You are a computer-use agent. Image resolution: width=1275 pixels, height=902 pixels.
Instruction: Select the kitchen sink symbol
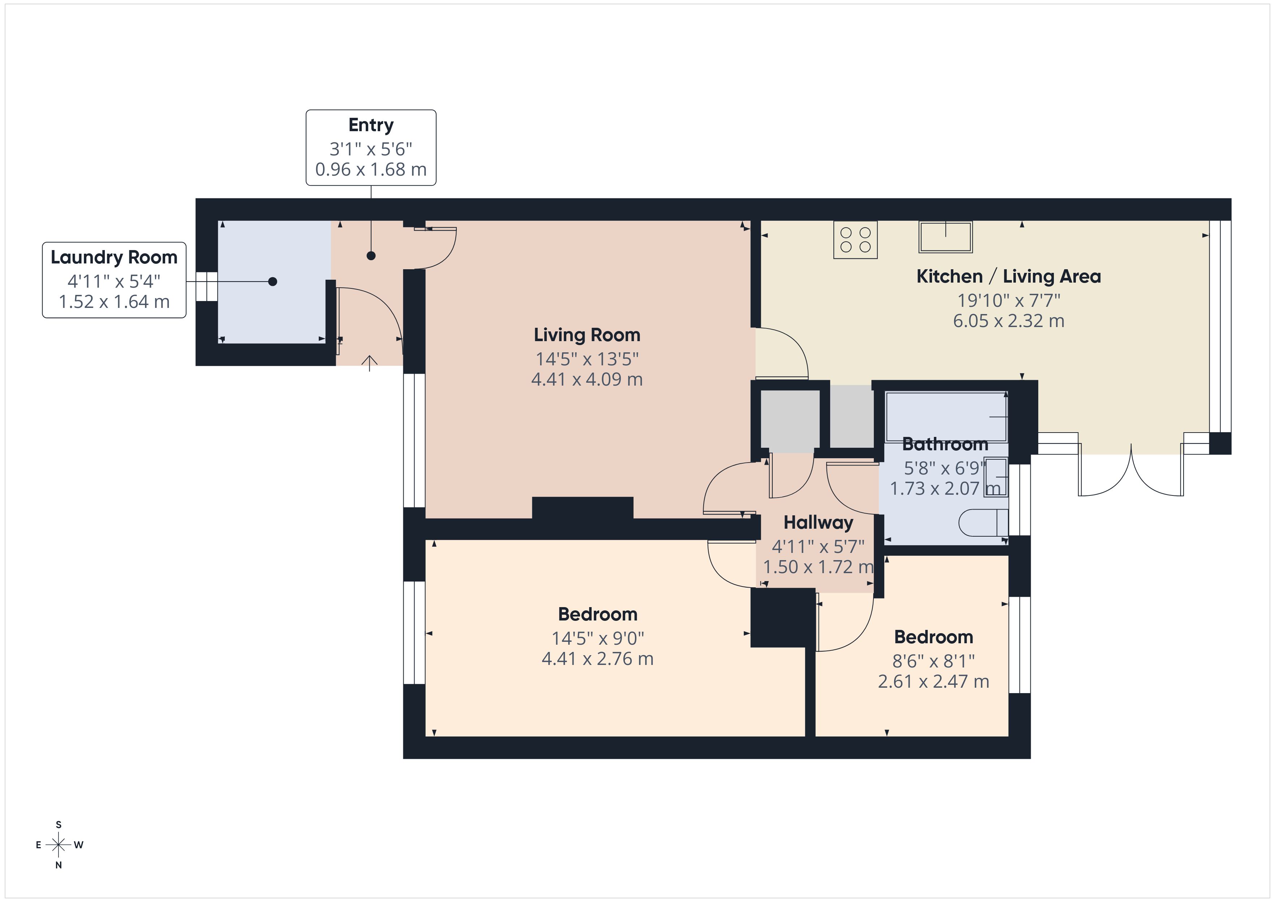[945, 237]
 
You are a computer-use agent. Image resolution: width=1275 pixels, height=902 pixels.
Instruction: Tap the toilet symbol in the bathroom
[983, 522]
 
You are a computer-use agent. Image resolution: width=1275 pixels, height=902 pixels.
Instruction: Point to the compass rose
[58, 845]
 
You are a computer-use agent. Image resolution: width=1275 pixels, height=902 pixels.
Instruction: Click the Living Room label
[587, 335]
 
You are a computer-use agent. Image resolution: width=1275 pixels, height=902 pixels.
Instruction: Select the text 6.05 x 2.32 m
[1008, 321]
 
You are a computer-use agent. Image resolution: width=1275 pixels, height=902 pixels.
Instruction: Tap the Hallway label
[818, 523]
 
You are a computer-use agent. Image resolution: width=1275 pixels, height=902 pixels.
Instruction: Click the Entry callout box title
[371, 125]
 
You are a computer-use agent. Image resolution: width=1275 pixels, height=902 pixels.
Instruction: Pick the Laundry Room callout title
[114, 257]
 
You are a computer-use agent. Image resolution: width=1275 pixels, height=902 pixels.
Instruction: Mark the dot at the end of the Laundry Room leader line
[272, 282]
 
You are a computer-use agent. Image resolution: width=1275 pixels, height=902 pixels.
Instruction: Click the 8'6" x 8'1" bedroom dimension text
[933, 661]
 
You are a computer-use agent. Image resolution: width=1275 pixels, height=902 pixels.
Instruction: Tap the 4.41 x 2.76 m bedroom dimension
[597, 659]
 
